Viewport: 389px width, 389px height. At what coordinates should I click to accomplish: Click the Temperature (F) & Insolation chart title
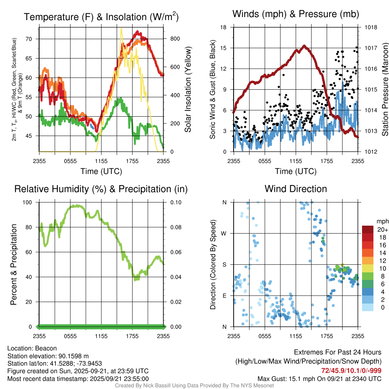coord(101,17)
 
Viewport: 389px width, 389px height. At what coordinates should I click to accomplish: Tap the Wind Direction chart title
coord(296,189)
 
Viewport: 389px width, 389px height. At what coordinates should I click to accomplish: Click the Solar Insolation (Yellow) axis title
coord(188,90)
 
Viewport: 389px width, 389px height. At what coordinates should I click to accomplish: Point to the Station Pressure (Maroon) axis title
coord(384,90)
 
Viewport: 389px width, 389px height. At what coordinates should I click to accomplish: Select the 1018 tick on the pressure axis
coord(370,27)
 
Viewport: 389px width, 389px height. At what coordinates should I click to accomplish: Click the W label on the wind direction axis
coord(224,233)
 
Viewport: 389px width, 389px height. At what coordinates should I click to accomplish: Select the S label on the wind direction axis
coord(225,264)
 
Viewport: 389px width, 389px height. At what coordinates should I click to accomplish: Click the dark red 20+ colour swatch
coord(368,229)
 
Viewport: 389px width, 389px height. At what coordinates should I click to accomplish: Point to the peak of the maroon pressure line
coord(304,46)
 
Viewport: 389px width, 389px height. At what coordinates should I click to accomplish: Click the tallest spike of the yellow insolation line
coord(121,28)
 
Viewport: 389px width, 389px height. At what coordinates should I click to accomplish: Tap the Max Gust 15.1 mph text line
coord(319,378)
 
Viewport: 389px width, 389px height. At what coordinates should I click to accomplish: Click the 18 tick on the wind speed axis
coord(225,27)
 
